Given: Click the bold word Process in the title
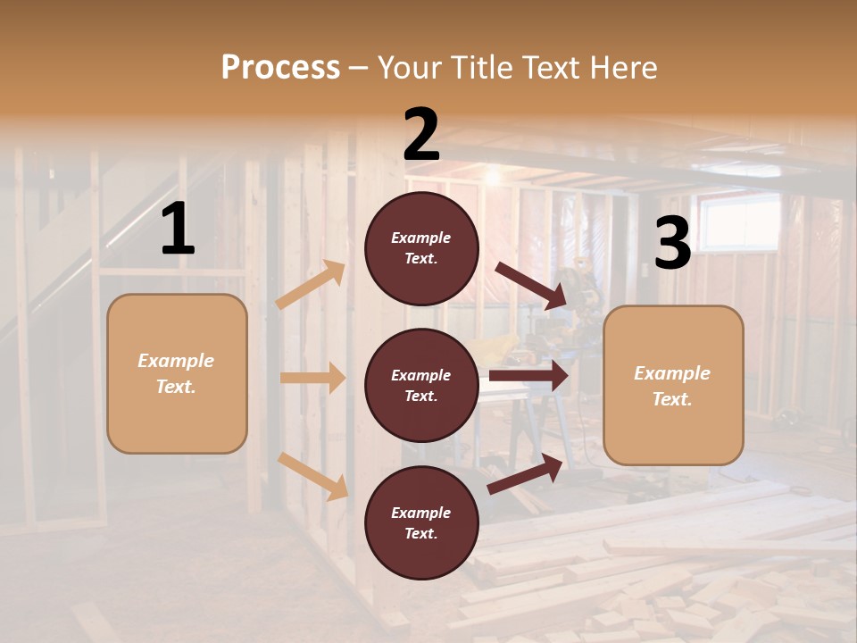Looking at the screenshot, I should coord(280,67).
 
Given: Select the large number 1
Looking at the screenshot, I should coord(178,230).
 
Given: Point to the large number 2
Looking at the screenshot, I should coord(421,135).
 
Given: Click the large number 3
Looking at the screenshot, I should coord(672,244).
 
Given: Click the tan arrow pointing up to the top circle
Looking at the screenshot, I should coord(310,285).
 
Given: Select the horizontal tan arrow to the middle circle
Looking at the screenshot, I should coord(312,378).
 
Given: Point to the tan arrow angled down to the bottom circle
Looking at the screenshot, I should coord(312,476).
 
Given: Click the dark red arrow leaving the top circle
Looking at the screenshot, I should coord(530,286).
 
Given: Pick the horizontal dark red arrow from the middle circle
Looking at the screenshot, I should coord(528,376).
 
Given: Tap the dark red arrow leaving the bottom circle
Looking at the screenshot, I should coord(525,473).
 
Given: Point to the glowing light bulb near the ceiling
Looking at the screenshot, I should coord(490,178).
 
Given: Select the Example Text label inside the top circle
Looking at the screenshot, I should coord(421,248).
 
